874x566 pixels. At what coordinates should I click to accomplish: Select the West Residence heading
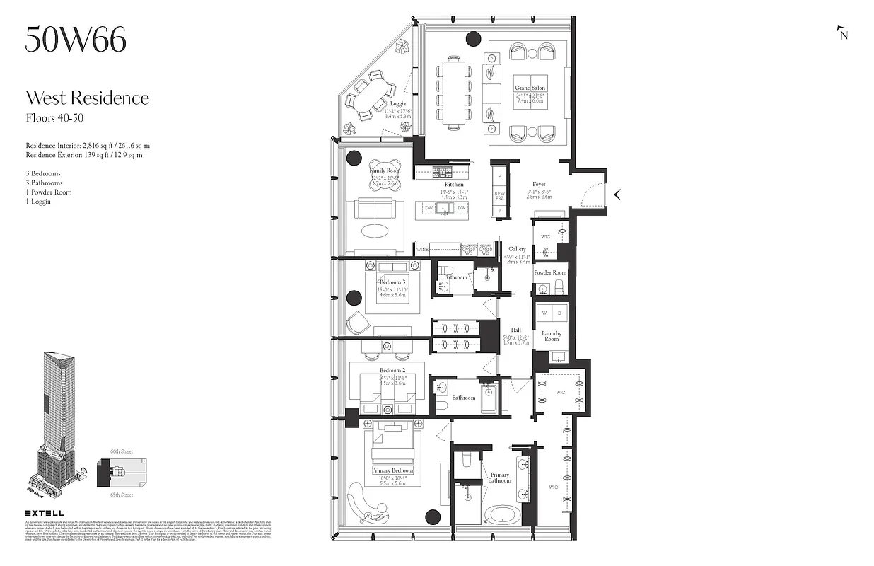coord(88,98)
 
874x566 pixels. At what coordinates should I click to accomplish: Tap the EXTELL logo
coord(45,513)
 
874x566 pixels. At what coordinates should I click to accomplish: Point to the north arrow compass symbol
coord(842,33)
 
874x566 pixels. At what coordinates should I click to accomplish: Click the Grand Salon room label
coord(530,88)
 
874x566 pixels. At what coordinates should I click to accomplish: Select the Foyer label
coord(540,185)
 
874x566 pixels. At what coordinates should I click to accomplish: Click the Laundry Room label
coord(552,335)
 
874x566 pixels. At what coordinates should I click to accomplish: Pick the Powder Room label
coord(550,272)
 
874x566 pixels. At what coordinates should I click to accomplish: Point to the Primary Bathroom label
coord(499,478)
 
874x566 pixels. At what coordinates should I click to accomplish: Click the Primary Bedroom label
coord(392,470)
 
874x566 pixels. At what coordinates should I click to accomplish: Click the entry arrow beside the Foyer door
coord(617,195)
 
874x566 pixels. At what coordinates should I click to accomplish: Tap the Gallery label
coord(517,249)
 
